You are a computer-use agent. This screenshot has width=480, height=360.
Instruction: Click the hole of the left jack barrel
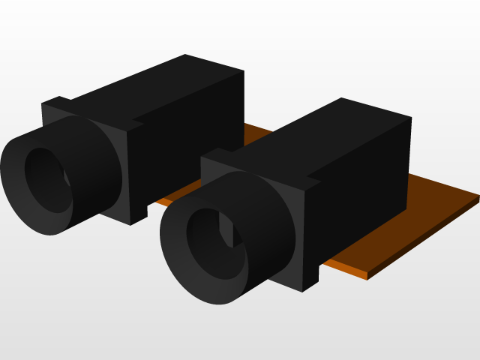pos(46,178)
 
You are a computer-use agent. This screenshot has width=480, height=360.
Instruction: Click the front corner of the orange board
pos(367,277)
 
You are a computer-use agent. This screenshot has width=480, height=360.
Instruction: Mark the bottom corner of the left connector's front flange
pos(132,223)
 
